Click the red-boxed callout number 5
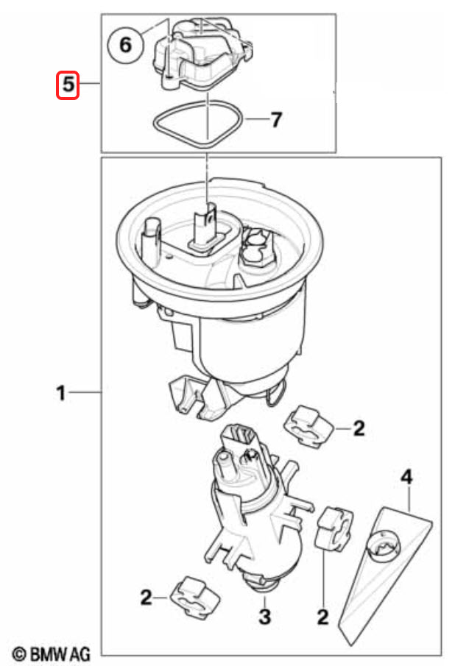pos(68,85)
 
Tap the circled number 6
pos(125,45)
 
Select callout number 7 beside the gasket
pos(275,119)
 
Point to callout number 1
pos(61,393)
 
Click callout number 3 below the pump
pos(264,616)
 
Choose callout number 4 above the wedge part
pos(406,478)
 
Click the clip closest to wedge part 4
pos(334,528)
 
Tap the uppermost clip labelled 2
pos(308,426)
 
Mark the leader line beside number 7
pos(257,119)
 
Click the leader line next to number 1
pos(85,393)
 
